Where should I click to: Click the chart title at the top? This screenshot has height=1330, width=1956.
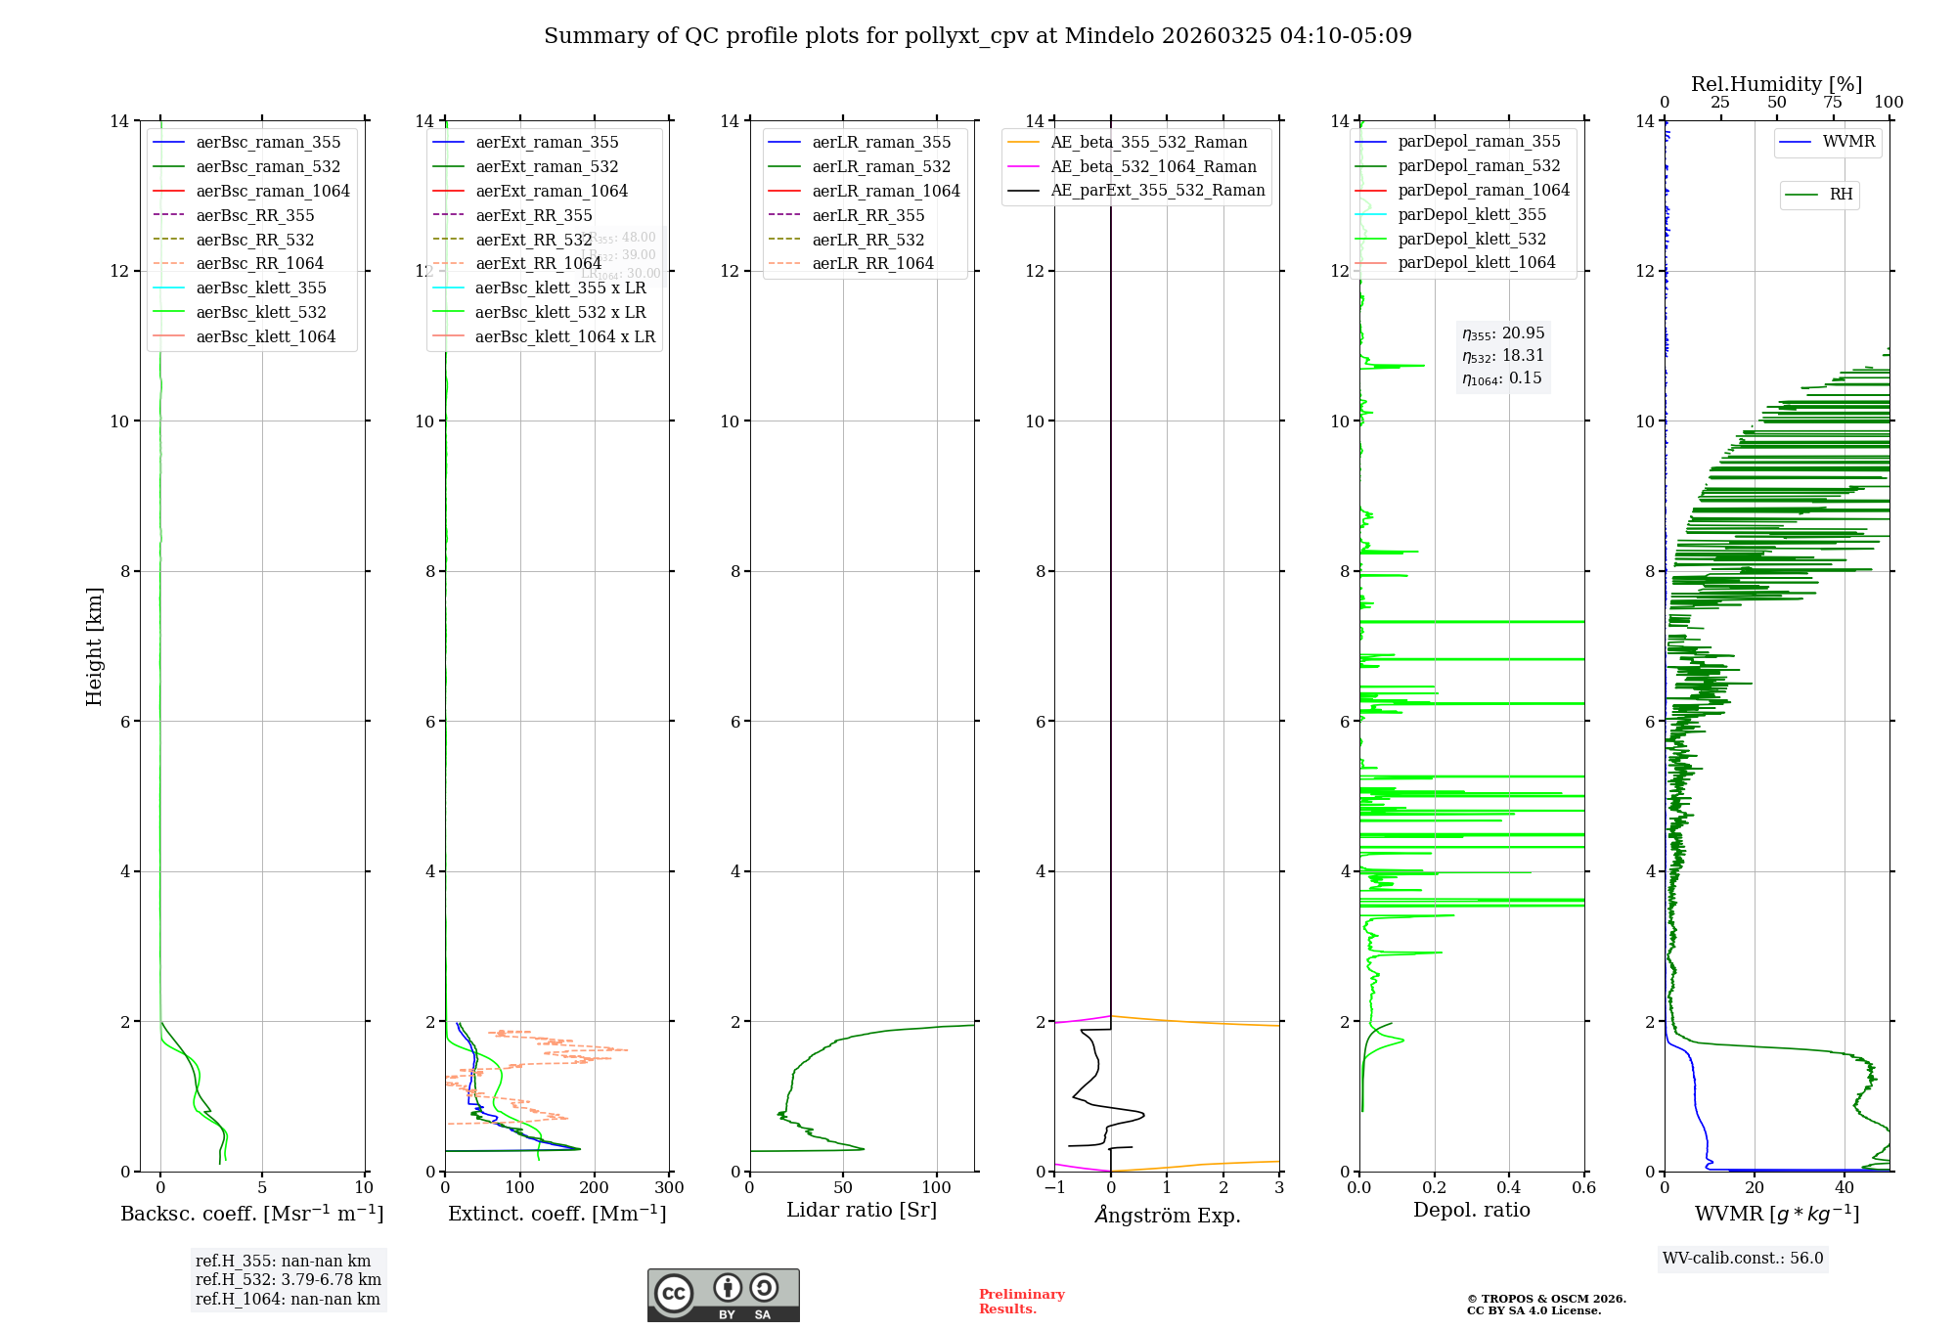click(x=977, y=36)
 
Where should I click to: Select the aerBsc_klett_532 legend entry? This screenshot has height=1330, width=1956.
click(x=260, y=313)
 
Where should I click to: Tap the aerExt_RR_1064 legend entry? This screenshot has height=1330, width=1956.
click(x=538, y=264)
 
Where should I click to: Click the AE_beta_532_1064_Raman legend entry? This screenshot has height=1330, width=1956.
click(x=1153, y=167)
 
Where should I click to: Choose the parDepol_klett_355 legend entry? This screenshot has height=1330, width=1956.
click(x=1471, y=215)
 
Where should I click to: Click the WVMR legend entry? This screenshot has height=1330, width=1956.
click(x=1847, y=143)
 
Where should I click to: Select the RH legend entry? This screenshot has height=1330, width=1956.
click(x=1840, y=195)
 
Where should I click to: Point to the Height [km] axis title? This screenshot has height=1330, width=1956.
click(x=94, y=646)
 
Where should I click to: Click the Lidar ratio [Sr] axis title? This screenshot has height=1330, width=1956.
click(x=862, y=1211)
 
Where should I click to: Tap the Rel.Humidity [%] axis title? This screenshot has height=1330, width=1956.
click(x=1776, y=85)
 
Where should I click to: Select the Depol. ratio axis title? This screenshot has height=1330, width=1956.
click(x=1471, y=1211)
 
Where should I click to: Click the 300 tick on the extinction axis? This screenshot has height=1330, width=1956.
click(x=670, y=1188)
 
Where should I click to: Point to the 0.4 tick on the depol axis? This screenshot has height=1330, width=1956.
click(x=1509, y=1188)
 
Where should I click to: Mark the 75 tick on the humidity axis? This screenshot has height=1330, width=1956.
click(x=1833, y=103)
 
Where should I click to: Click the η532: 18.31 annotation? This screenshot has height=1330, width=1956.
click(x=1503, y=356)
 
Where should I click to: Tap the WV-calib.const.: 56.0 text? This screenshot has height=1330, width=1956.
click(x=1743, y=1259)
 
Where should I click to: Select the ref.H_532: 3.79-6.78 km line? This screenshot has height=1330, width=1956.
click(x=288, y=1280)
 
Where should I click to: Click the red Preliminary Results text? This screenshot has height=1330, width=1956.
click(x=1021, y=1302)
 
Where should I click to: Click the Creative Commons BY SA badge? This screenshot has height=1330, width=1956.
click(x=723, y=1296)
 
